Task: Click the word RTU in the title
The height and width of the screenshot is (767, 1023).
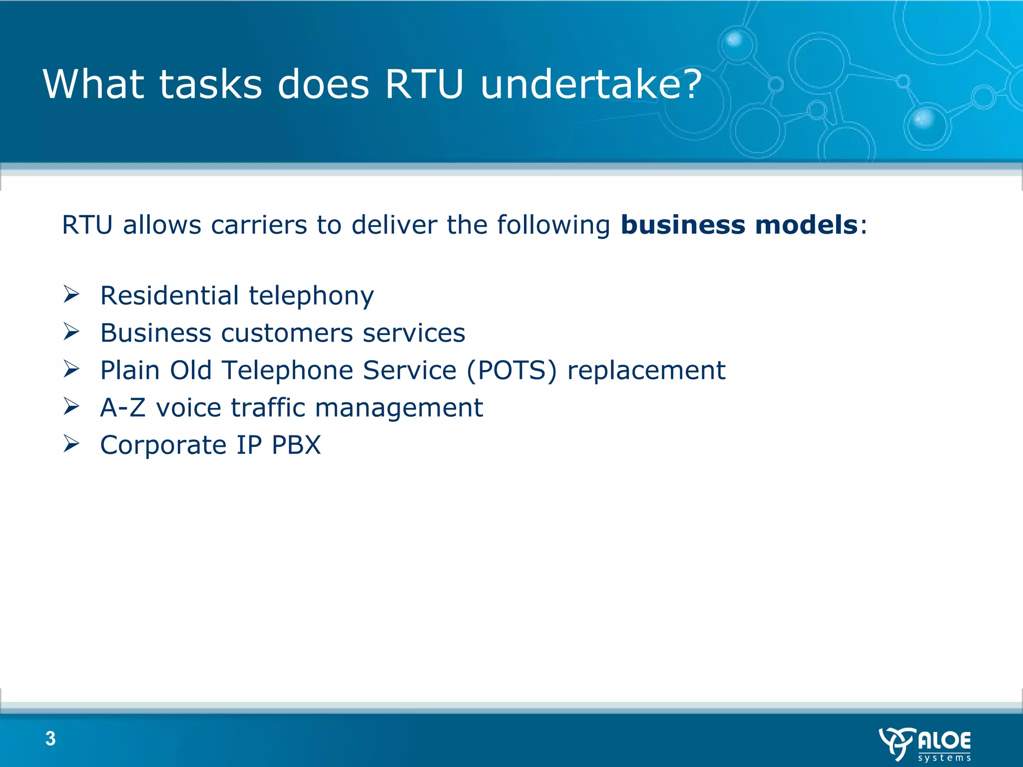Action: click(425, 84)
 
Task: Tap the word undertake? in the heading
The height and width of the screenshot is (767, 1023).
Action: click(591, 84)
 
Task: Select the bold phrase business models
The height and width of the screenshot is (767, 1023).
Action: click(739, 225)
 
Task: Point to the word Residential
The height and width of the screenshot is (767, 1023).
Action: click(169, 295)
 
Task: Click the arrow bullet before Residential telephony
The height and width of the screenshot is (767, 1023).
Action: click(71, 294)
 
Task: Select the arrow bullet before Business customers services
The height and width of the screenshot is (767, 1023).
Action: click(71, 332)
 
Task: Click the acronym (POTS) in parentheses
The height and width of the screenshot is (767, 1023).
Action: click(511, 371)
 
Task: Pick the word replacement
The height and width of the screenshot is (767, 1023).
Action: click(646, 371)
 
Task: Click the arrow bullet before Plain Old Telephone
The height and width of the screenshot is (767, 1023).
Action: click(71, 369)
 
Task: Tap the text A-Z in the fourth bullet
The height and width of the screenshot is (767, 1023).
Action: click(123, 407)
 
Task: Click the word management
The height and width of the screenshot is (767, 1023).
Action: click(399, 408)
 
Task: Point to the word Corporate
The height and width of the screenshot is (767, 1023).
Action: click(163, 445)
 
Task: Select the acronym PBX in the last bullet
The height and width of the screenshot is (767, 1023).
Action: click(296, 445)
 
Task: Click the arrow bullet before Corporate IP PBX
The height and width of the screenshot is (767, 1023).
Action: click(71, 443)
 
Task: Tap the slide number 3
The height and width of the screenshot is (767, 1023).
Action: click(50, 739)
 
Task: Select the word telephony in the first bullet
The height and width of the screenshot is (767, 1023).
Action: click(311, 296)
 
